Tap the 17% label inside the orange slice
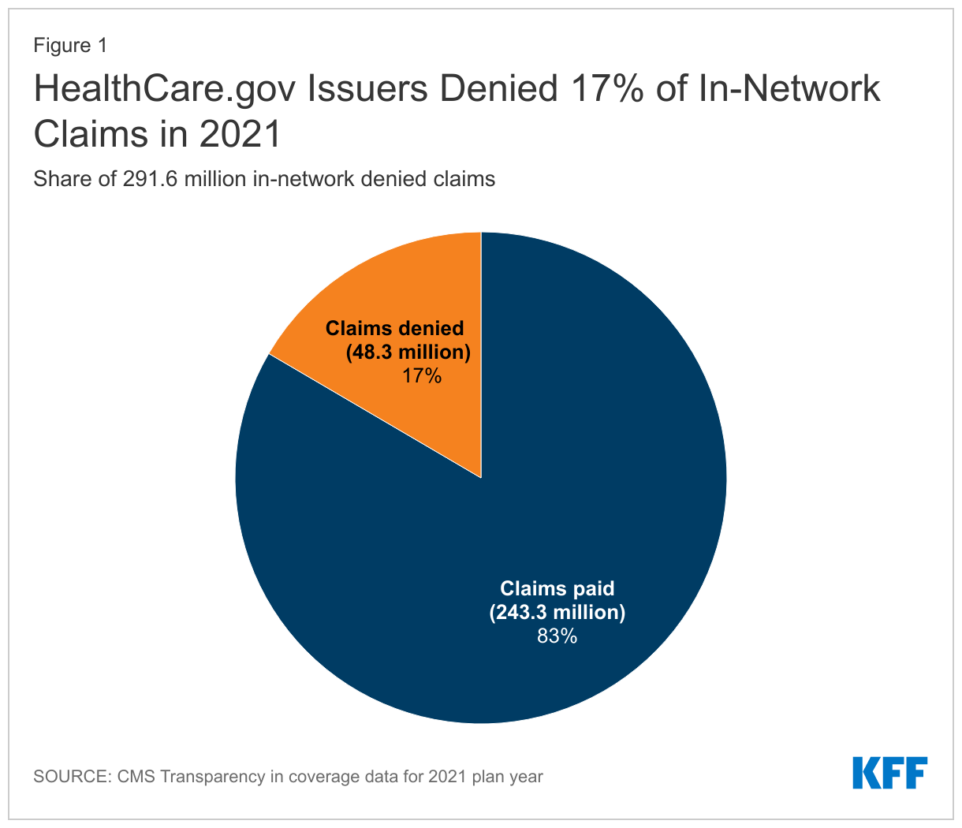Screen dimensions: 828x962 tap(422, 375)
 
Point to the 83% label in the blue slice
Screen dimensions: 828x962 tap(557, 636)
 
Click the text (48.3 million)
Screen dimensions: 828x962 tap(408, 352)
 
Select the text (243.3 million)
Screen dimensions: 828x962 tap(557, 612)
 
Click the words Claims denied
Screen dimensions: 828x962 tap(395, 328)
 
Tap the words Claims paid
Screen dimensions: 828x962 tap(557, 588)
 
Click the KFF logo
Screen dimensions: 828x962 tap(889, 773)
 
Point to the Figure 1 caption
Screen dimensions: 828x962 tap(69, 46)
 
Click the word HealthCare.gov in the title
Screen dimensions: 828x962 tap(163, 89)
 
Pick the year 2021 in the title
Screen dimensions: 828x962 tap(240, 134)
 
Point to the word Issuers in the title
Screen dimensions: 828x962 tap(367, 89)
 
